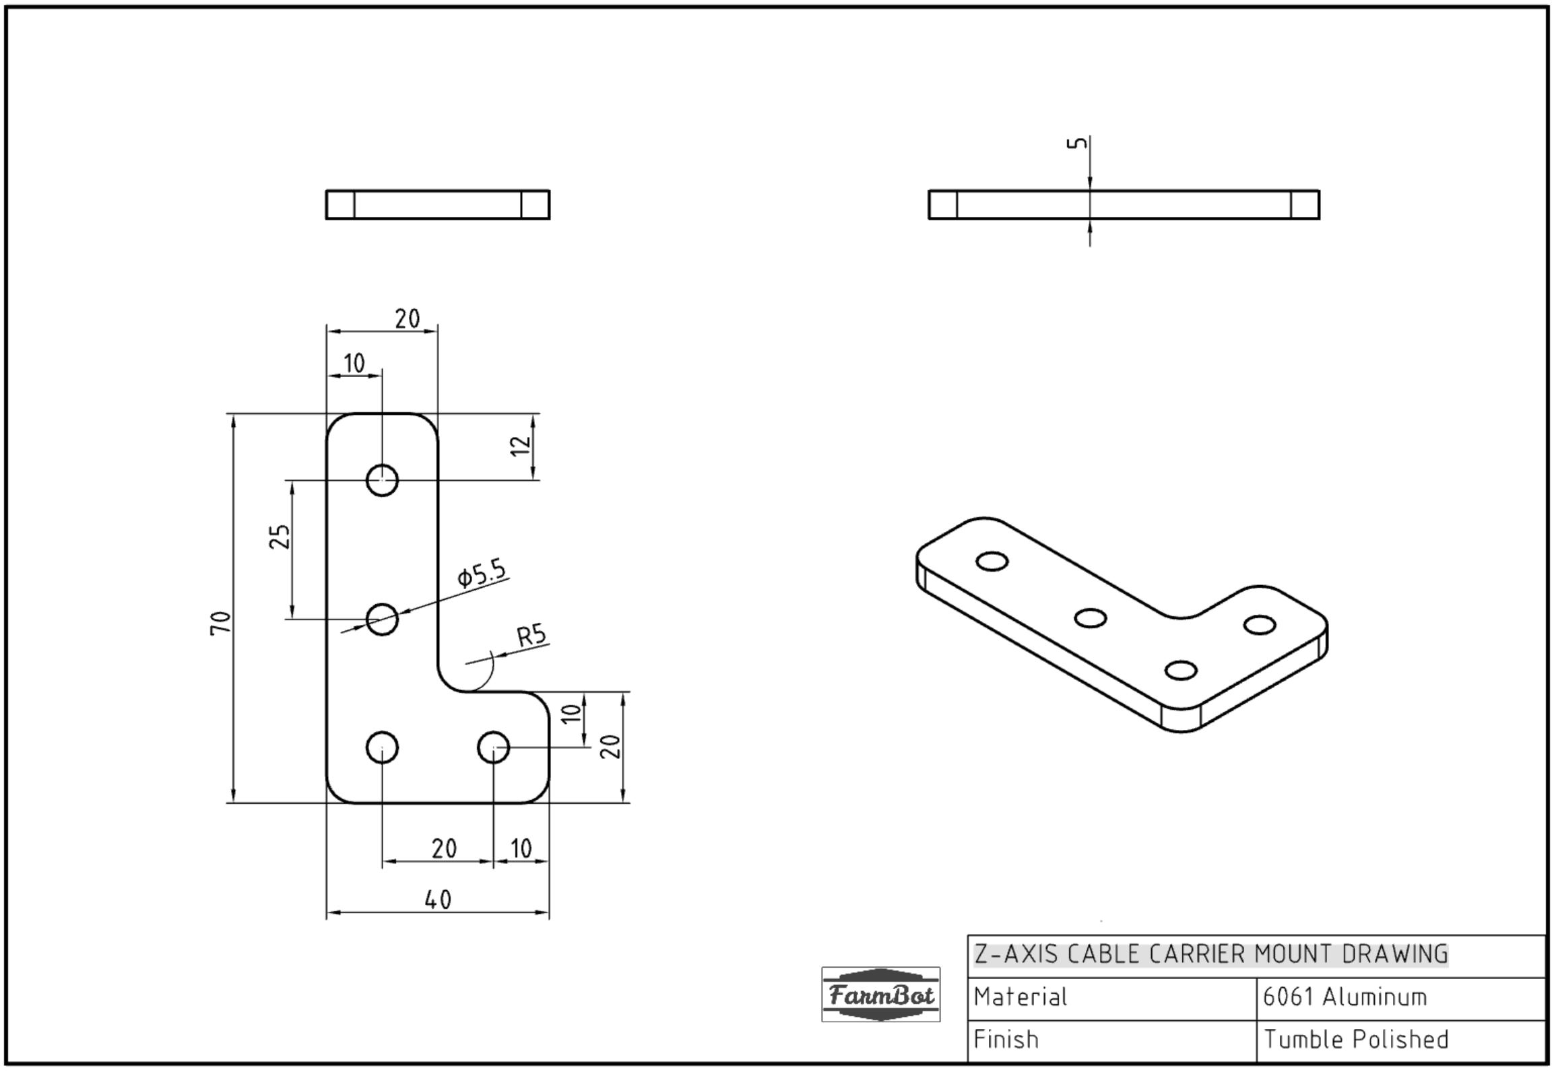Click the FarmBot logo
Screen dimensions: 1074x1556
pyautogui.click(x=880, y=995)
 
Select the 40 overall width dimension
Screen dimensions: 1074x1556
pyautogui.click(x=439, y=900)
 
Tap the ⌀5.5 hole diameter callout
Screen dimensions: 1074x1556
pyautogui.click(x=482, y=573)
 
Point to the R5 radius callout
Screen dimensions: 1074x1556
pyautogui.click(x=531, y=635)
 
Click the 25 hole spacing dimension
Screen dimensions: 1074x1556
pyautogui.click(x=280, y=537)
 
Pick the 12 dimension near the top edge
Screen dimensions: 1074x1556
pyautogui.click(x=521, y=445)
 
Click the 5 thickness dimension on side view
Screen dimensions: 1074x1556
pyautogui.click(x=1078, y=143)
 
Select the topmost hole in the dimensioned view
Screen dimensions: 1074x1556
pyautogui.click(x=382, y=480)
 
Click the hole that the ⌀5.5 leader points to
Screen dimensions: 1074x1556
pyautogui.click(x=382, y=619)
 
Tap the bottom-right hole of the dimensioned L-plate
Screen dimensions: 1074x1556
pyautogui.click(x=494, y=747)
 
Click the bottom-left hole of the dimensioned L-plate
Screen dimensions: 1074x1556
pyautogui.click(x=382, y=747)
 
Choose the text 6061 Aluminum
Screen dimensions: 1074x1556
pyautogui.click(x=1344, y=997)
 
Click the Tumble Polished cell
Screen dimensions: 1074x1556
pyautogui.click(x=1356, y=1040)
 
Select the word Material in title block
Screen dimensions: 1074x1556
pyautogui.click(x=1020, y=997)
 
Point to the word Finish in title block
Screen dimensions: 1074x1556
pyautogui.click(x=1006, y=1040)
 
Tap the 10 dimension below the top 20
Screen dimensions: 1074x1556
pyautogui.click(x=354, y=364)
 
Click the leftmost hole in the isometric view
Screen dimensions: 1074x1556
pyautogui.click(x=992, y=562)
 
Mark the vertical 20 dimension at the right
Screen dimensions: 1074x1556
pyautogui.click(x=610, y=746)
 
